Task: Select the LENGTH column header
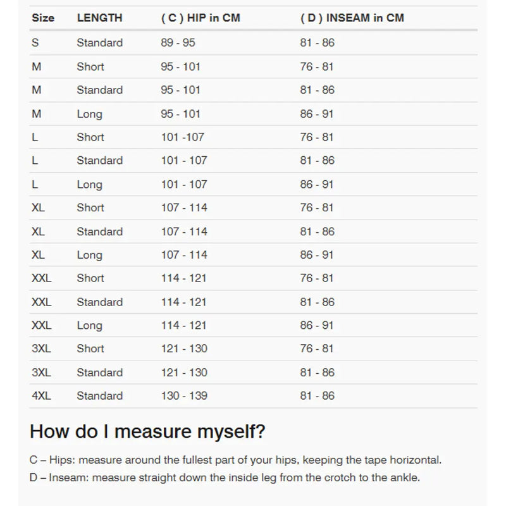click(x=99, y=18)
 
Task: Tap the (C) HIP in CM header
click(x=201, y=18)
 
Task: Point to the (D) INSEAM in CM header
click(x=352, y=18)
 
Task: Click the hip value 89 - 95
click(x=178, y=43)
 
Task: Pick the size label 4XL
click(x=41, y=396)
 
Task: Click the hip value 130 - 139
click(x=184, y=396)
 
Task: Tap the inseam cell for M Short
click(x=317, y=66)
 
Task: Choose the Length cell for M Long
click(x=89, y=114)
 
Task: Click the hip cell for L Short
click(x=182, y=137)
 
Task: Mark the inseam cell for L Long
click(x=317, y=184)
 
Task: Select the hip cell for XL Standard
click(x=184, y=231)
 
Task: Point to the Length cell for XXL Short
click(x=90, y=278)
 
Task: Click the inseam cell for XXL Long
click(x=317, y=325)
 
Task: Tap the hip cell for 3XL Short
click(x=184, y=349)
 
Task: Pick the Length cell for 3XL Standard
click(x=99, y=373)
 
